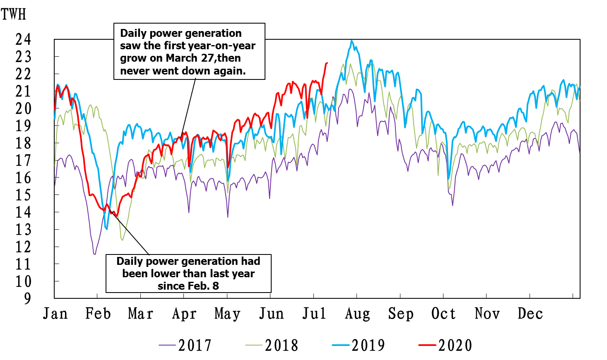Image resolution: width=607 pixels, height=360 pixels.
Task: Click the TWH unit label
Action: (13, 14)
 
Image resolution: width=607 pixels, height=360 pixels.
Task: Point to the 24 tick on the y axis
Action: (23, 39)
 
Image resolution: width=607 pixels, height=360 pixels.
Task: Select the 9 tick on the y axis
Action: (27, 298)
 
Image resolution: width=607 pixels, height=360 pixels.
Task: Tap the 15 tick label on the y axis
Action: (23, 195)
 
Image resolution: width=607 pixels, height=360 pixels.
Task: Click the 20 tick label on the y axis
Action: (23, 108)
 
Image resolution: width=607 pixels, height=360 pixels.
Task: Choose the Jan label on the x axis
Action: (55, 314)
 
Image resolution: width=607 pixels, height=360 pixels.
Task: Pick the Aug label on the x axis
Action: (357, 314)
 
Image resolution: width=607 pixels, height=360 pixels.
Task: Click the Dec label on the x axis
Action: (530, 314)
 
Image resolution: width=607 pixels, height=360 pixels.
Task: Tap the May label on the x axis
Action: (227, 314)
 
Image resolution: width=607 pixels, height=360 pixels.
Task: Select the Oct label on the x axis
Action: (443, 314)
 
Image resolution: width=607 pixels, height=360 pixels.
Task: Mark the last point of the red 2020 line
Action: (327, 63)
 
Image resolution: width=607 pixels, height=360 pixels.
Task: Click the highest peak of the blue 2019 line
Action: (352, 41)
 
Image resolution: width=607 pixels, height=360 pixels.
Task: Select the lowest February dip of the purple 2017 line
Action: (95, 254)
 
